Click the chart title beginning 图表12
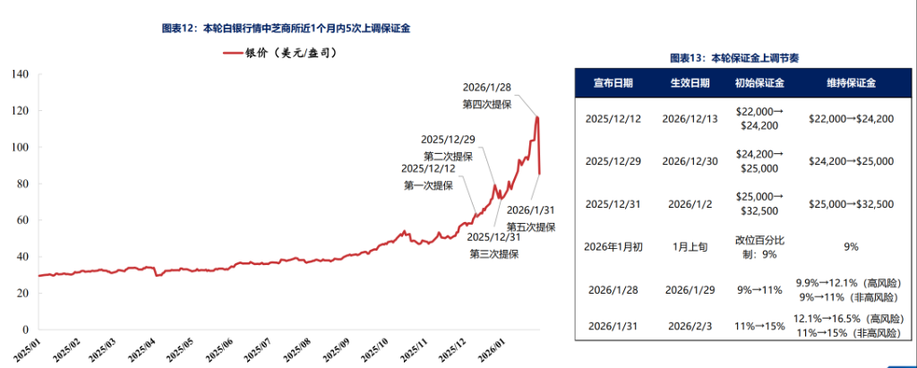287,29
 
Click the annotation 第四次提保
486,104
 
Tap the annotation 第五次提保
532,227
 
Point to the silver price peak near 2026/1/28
537,116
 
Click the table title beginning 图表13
734,58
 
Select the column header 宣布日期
613,83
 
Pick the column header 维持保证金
851,83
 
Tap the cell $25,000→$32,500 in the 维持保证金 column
851,204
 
